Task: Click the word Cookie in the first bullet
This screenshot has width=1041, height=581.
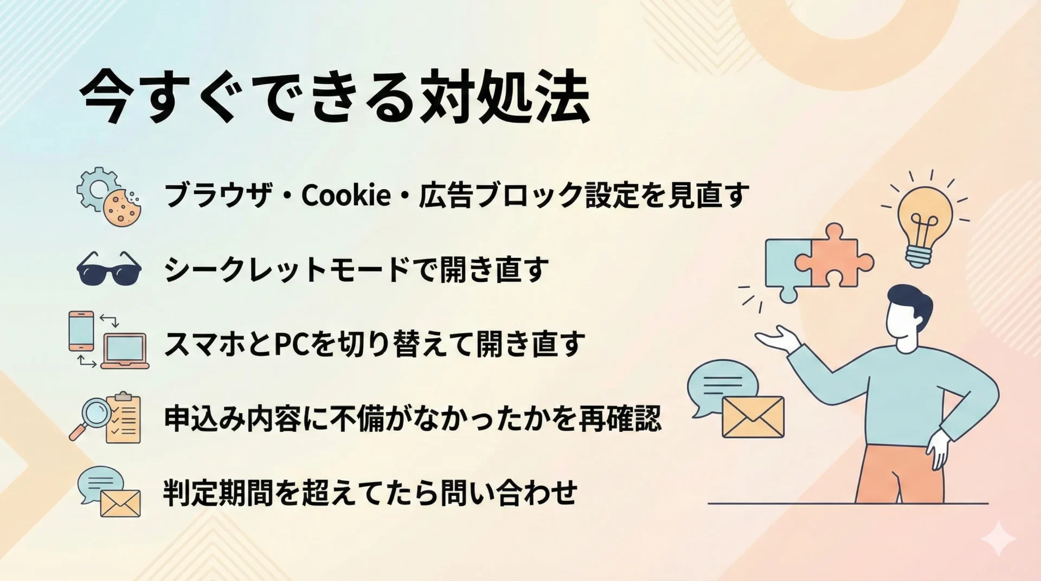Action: click(x=345, y=195)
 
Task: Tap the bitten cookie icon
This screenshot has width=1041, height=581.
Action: click(x=122, y=208)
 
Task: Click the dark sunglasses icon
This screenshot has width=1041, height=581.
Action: click(x=109, y=268)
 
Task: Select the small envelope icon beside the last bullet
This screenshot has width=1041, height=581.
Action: click(x=120, y=503)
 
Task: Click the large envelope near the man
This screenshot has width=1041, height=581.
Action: click(x=753, y=417)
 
